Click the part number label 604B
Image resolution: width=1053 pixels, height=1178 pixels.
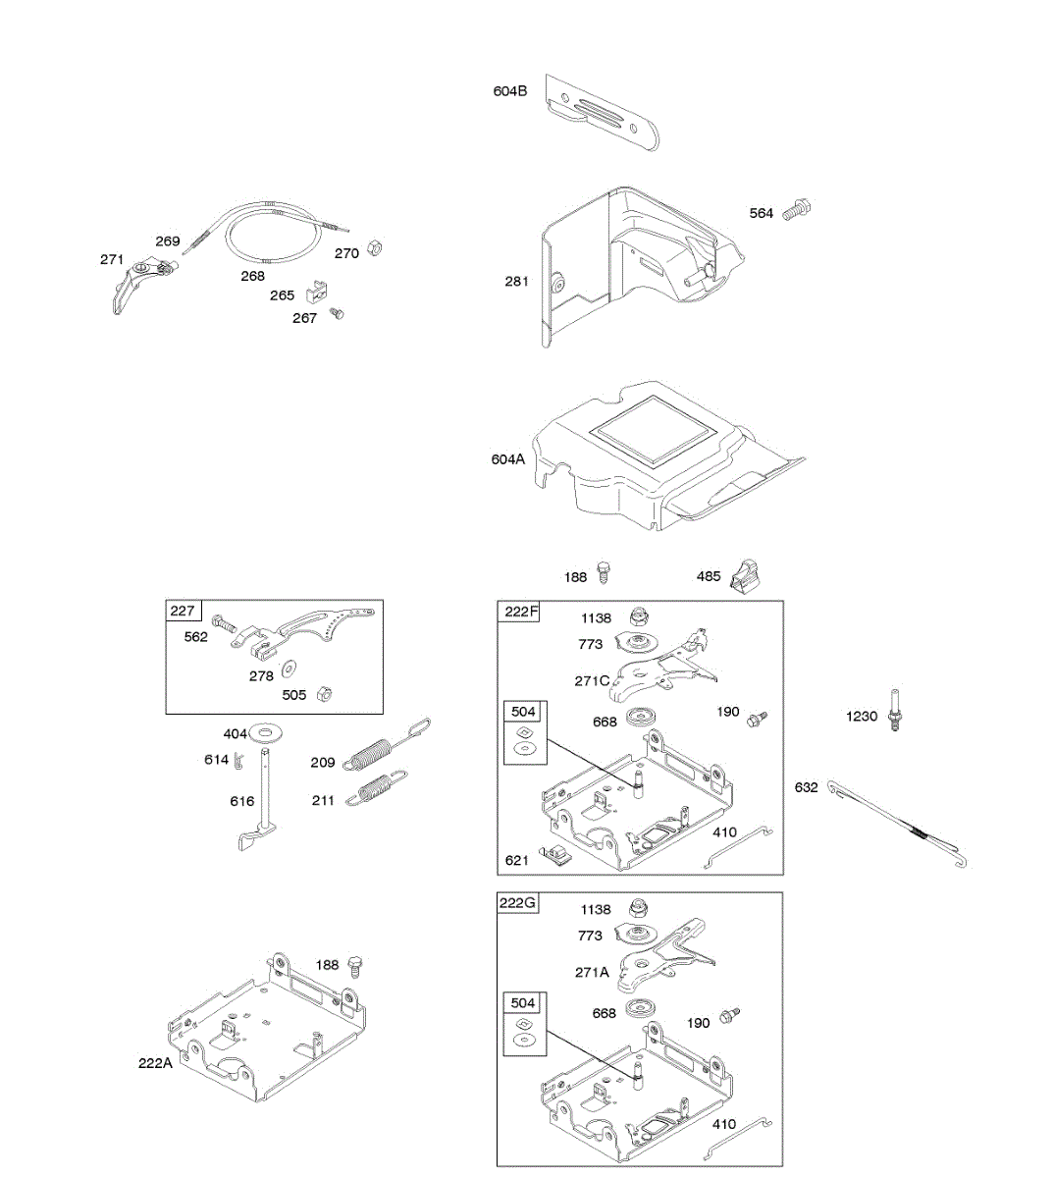click(509, 91)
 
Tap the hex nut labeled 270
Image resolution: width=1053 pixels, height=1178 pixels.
click(374, 248)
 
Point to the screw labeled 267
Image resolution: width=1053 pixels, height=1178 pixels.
click(339, 313)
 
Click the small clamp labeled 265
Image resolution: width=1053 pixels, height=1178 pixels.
click(316, 291)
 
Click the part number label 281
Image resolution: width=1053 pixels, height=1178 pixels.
click(516, 282)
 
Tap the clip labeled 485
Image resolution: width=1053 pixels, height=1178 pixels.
click(749, 575)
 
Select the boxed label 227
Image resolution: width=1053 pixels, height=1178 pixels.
click(183, 611)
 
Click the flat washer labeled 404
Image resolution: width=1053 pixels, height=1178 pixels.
click(266, 732)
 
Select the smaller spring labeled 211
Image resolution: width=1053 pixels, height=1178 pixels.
click(377, 788)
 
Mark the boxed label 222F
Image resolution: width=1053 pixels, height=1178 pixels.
click(520, 612)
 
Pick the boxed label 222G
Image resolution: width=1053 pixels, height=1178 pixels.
click(517, 902)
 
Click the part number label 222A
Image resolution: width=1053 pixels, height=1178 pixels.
click(155, 1062)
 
